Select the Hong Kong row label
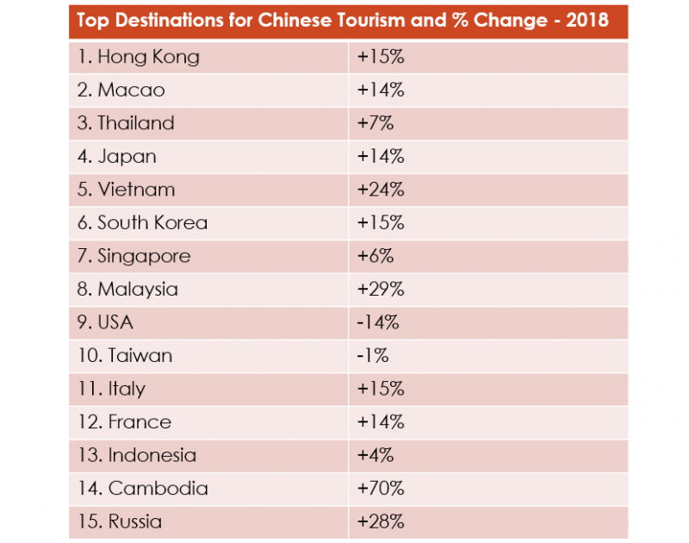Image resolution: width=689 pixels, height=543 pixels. pyautogui.click(x=138, y=57)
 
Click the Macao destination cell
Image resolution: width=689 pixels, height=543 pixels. pyautogui.click(x=121, y=90)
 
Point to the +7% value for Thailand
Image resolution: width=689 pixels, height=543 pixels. pyautogui.click(x=375, y=123)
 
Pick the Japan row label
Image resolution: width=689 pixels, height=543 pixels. pyautogui.click(x=117, y=157)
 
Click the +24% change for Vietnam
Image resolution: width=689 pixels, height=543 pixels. pyautogui.click(x=380, y=190)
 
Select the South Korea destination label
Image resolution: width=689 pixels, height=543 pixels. pyautogui.click(x=142, y=223)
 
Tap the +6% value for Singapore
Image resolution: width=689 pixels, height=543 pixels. pyautogui.click(x=375, y=256)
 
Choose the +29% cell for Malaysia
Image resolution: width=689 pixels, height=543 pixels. pyautogui.click(x=380, y=290)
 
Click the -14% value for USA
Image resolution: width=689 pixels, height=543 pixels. pyautogui.click(x=378, y=322)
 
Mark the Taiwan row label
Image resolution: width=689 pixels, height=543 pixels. pyautogui.click(x=124, y=355)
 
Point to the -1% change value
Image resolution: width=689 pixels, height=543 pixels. pyautogui.click(x=373, y=355)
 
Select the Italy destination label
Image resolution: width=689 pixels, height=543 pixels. pyautogui.click(x=111, y=389)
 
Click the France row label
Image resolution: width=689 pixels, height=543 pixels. pyautogui.click(x=124, y=422)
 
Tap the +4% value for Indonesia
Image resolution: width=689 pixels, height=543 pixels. pyautogui.click(x=375, y=455)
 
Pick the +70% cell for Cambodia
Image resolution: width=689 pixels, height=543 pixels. pyautogui.click(x=380, y=489)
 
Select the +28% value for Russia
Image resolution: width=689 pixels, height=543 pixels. pyautogui.click(x=380, y=521)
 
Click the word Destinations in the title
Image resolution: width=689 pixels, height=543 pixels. pyautogui.click(x=173, y=22)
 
